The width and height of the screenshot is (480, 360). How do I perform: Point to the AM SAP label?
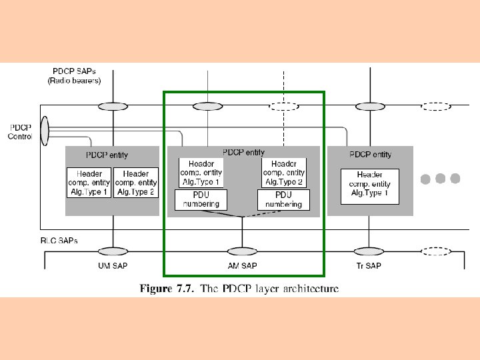(x=242, y=265)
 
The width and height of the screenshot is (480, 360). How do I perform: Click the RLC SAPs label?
(x=58, y=240)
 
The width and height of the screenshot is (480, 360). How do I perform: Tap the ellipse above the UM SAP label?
(x=113, y=251)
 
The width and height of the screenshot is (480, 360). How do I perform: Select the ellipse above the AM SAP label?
(x=242, y=251)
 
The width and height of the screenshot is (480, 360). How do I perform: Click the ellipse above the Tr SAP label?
(x=368, y=251)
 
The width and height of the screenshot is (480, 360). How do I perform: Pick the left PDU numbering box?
(x=201, y=199)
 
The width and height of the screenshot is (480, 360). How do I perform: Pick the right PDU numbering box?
(x=283, y=199)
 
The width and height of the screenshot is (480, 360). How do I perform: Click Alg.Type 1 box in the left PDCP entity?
(x=89, y=183)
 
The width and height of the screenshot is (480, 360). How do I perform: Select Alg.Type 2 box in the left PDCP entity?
(x=136, y=183)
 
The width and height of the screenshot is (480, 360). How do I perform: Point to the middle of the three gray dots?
(x=441, y=179)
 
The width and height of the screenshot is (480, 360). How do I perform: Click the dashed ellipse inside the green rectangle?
(x=285, y=106)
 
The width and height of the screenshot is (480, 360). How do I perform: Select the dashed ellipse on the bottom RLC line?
(x=437, y=251)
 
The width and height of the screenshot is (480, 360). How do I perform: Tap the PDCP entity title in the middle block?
(x=243, y=153)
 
